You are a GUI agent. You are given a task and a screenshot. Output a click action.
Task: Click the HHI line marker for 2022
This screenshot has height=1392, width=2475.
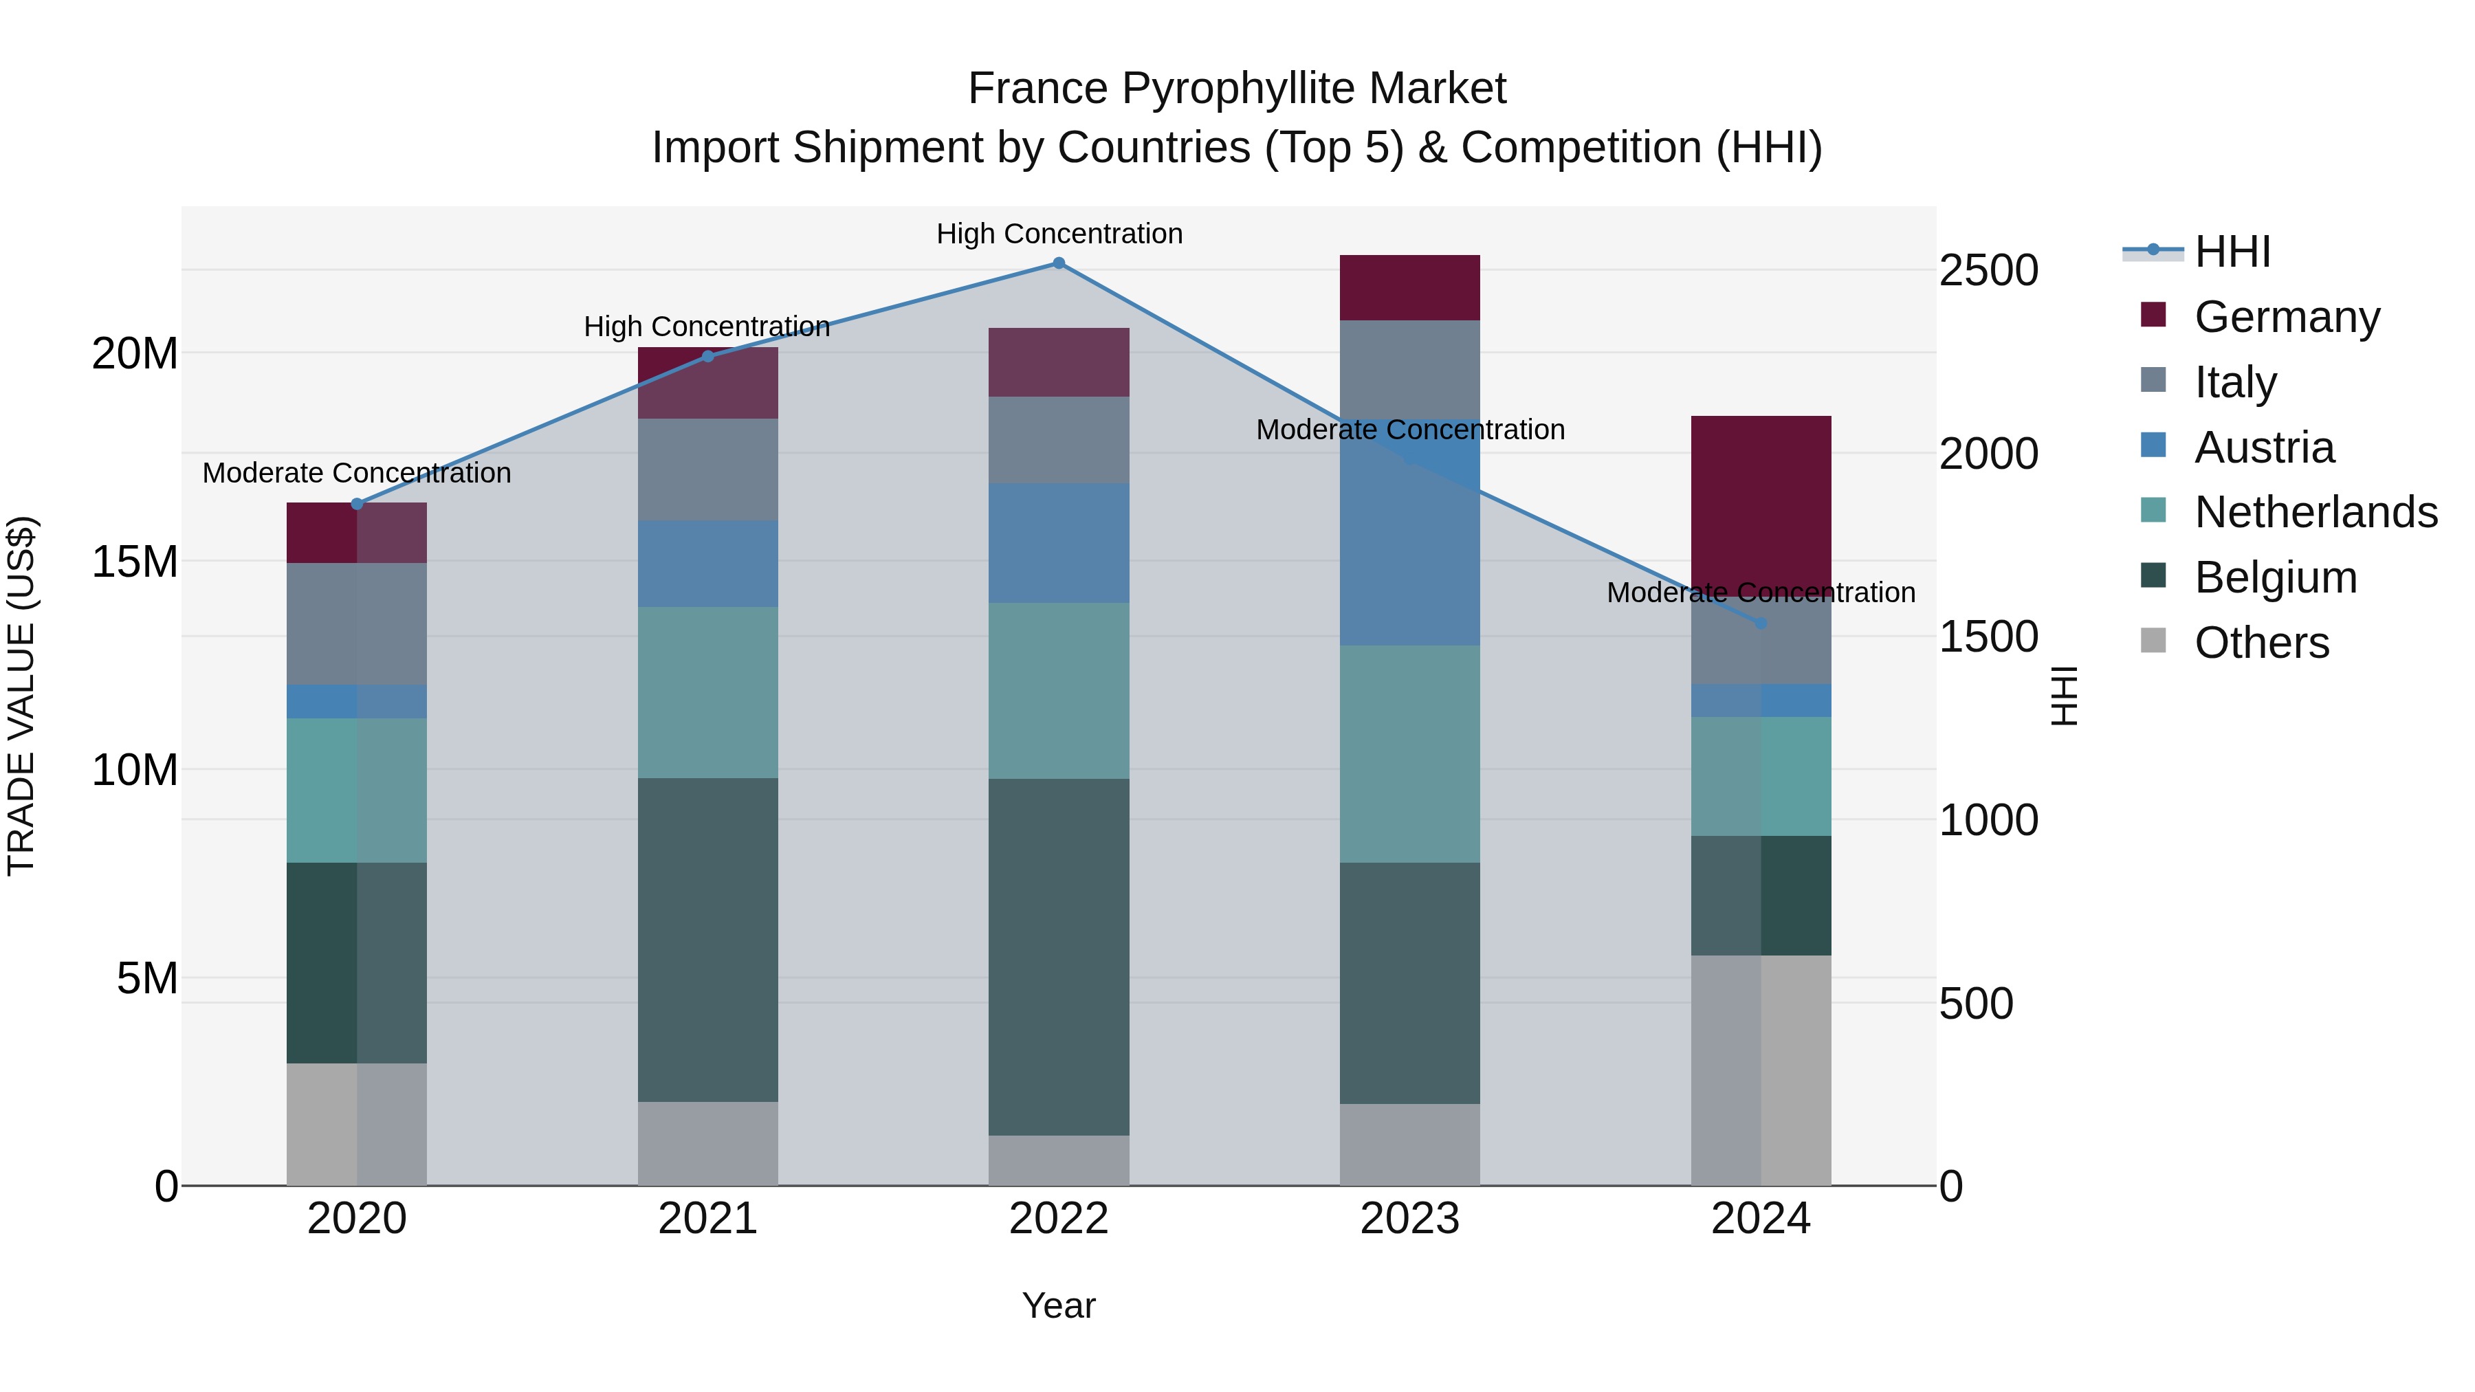click(1059, 263)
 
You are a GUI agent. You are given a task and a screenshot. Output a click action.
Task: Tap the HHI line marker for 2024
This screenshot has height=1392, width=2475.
click(1761, 623)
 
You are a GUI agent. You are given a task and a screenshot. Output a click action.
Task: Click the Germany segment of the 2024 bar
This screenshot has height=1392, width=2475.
click(1761, 500)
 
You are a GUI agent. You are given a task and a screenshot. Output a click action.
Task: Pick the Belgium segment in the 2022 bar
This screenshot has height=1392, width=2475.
click(1059, 957)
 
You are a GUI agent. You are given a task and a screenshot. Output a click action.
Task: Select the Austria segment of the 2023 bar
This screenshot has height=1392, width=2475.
click(1409, 538)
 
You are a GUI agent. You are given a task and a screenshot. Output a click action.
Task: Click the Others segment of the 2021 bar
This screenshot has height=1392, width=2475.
click(708, 1143)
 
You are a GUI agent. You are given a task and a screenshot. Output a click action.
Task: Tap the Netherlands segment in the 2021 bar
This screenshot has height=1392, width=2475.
click(708, 693)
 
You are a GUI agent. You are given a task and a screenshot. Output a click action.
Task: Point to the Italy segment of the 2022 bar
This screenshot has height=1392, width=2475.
click(1059, 440)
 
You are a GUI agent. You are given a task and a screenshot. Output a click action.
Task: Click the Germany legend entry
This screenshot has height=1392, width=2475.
click(2287, 317)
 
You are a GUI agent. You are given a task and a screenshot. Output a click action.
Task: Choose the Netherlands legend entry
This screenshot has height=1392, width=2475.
click(2315, 512)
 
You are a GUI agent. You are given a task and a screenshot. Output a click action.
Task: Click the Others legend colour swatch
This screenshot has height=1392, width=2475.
click(2153, 641)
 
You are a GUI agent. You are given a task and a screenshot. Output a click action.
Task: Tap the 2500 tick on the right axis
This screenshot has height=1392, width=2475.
click(1988, 271)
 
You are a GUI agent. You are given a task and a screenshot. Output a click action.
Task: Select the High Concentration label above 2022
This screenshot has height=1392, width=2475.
click(1059, 234)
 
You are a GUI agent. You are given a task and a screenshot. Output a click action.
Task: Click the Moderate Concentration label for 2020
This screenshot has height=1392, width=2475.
click(356, 474)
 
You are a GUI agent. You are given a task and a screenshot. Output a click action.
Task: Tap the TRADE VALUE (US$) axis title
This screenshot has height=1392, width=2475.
click(21, 696)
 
